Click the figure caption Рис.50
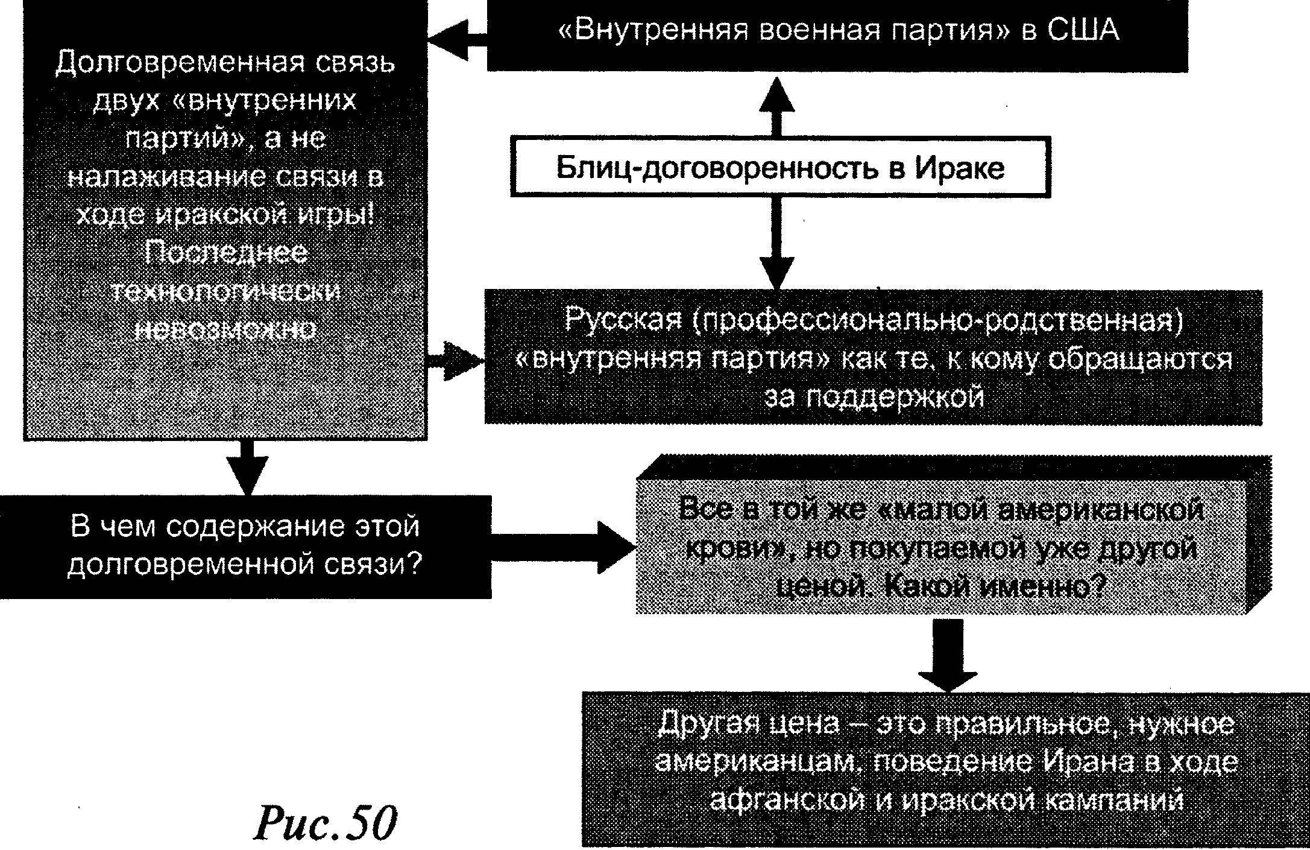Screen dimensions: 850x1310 tap(325, 822)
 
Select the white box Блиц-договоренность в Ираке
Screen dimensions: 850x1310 tap(780, 167)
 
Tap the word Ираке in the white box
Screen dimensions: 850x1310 tap(960, 168)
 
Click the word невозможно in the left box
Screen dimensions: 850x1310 tap(225, 329)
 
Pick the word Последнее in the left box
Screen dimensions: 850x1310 tap(225, 253)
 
